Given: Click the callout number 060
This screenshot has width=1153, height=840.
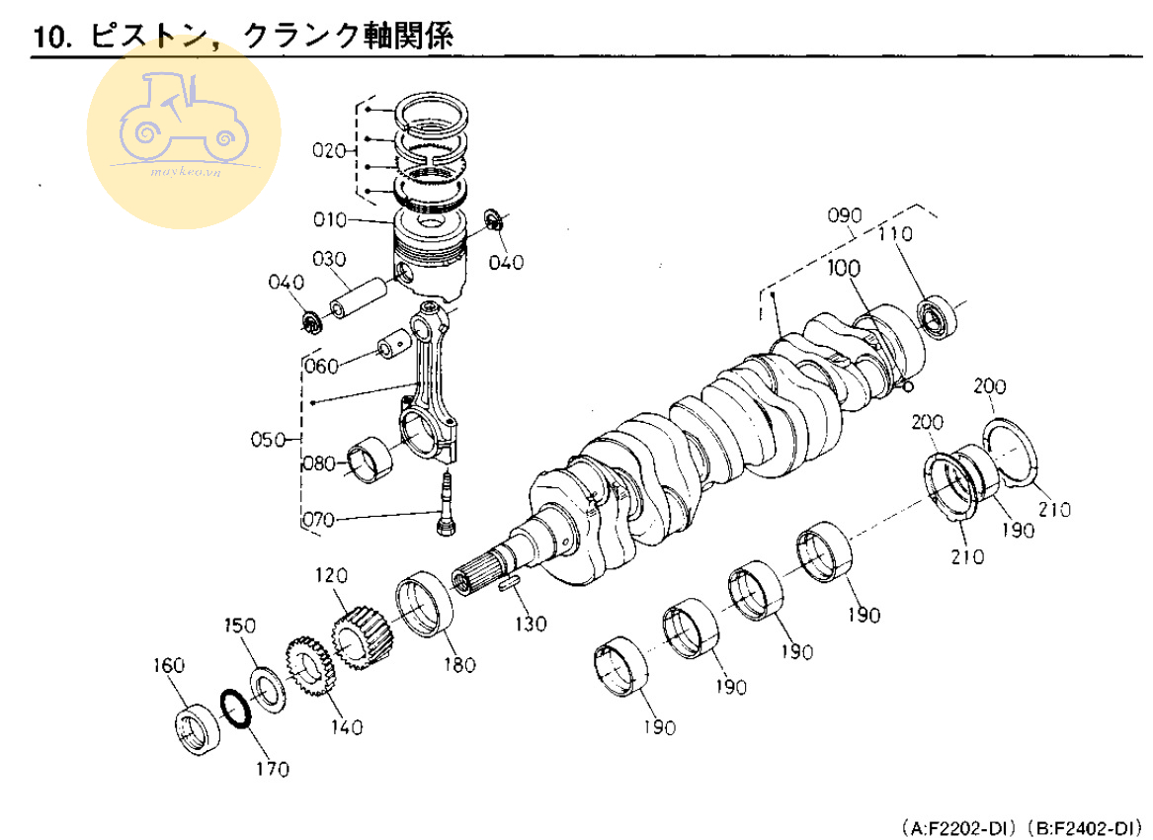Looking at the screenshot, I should point(321,367).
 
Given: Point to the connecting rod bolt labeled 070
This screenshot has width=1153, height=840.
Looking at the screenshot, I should point(445,504).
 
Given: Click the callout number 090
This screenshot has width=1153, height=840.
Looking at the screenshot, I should point(846,215).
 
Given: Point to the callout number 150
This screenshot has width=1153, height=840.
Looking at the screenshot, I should point(239,626).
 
